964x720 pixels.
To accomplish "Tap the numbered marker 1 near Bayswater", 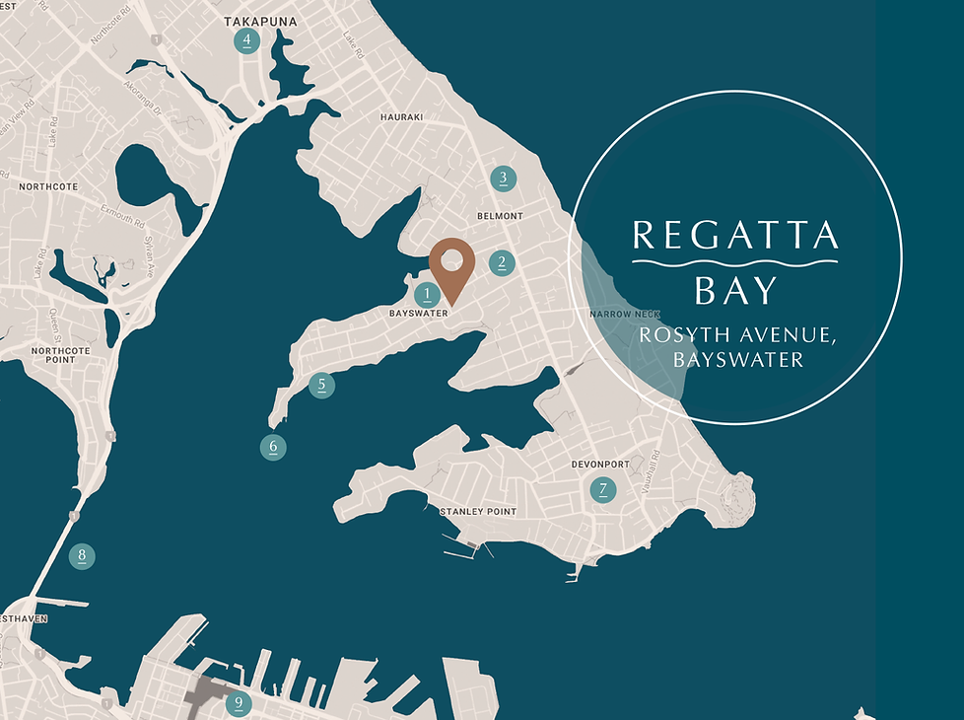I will tap(427, 294).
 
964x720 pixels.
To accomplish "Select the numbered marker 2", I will tap(502, 262).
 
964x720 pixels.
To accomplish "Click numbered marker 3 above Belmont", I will tap(503, 179).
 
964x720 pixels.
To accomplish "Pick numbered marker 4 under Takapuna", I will tap(246, 40).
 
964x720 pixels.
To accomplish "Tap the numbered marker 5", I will tap(321, 385).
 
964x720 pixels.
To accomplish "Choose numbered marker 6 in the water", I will tap(274, 448).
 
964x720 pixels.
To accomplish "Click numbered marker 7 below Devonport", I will tap(602, 489).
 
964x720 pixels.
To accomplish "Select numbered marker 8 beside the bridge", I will tap(82, 556).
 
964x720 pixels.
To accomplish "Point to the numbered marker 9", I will tap(238, 703).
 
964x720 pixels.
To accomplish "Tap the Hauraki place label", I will tap(401, 117).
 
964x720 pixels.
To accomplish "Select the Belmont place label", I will tap(500, 216).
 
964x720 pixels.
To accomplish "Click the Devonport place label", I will tap(599, 464).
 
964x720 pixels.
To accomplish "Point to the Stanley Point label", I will tap(477, 512).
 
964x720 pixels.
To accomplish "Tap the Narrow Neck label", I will tap(617, 314).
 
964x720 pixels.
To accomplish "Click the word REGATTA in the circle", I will tap(735, 235).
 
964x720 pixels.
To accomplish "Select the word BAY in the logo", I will tap(734, 291).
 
